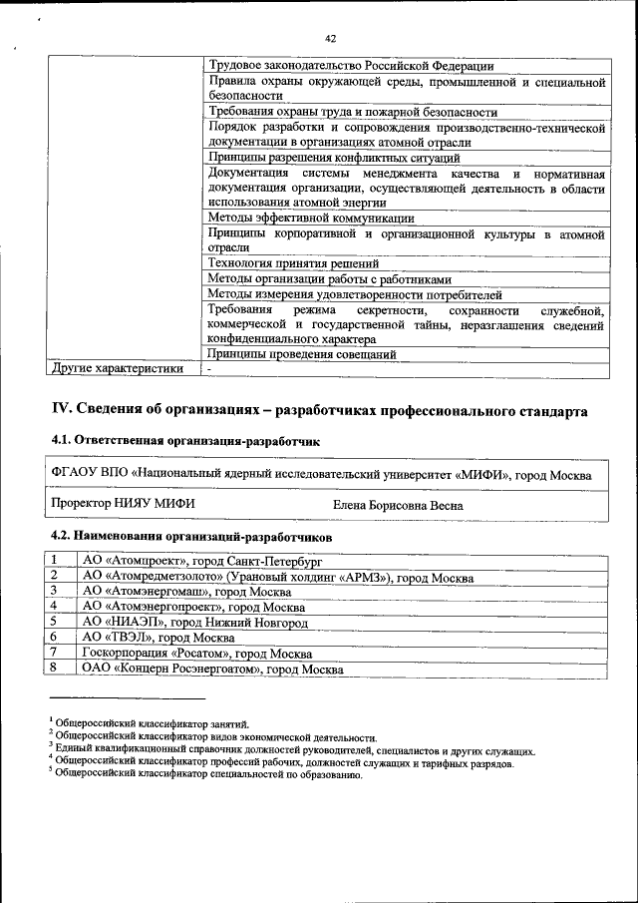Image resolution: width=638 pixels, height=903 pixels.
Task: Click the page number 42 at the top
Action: point(330,38)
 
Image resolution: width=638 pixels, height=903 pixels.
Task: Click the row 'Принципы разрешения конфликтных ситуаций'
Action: point(334,158)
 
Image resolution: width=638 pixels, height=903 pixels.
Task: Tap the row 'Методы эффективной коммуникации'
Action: point(311,218)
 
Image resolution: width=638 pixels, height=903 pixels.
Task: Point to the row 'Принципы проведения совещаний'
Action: point(302,353)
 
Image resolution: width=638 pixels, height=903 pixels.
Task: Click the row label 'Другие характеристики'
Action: point(118,368)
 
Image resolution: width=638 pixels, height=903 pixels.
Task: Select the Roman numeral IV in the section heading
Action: point(61,410)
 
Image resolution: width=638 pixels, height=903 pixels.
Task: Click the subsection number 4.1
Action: point(62,440)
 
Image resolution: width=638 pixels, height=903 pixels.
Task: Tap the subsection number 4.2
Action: point(62,536)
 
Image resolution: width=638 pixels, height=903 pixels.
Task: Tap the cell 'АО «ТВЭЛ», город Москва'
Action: point(159,637)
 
